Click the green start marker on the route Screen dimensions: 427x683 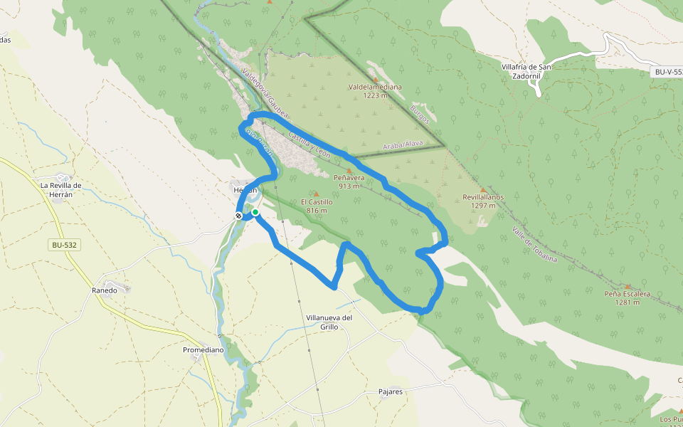coord(255,212)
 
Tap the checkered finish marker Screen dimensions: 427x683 coord(239,216)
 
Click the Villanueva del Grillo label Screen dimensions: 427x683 coord(329,322)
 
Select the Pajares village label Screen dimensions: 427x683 coord(391,391)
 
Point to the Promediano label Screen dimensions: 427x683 coord(203,350)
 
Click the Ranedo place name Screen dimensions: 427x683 coord(105,290)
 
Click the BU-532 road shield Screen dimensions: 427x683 coord(64,245)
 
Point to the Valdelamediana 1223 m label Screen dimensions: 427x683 coord(375,91)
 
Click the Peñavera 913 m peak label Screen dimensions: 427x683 coord(349,181)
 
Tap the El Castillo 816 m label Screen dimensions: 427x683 coord(317,206)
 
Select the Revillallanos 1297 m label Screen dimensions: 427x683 coord(483,201)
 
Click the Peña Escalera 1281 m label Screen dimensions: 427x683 coord(627,297)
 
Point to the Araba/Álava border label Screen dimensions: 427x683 coord(403,144)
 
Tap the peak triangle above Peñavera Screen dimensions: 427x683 coord(349,170)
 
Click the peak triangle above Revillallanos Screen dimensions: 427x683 coord(482,189)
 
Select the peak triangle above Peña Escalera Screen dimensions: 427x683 coord(627,286)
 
